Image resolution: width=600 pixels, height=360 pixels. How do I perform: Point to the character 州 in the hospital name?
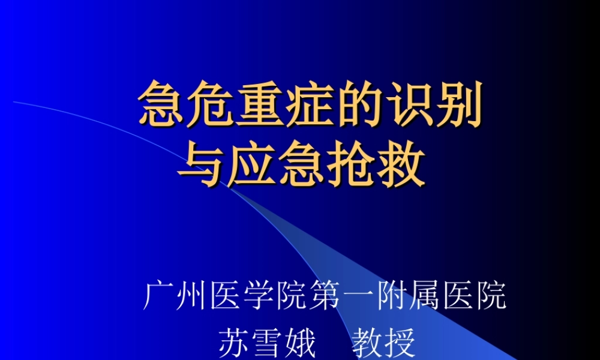(x=192, y=296)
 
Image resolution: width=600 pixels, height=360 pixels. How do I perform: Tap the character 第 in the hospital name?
(x=325, y=296)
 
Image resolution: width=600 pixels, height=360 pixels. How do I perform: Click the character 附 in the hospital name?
(x=392, y=296)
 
